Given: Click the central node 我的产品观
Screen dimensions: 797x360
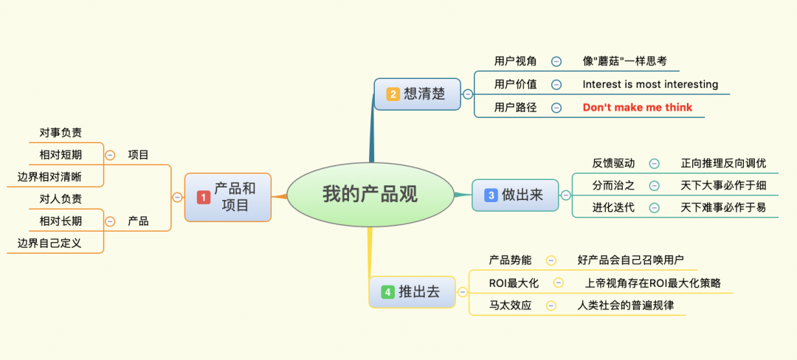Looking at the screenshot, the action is pyautogui.click(x=370, y=195).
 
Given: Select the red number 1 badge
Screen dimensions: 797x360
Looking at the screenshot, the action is pyautogui.click(x=204, y=198).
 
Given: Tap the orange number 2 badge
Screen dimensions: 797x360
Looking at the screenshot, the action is pyautogui.click(x=393, y=94).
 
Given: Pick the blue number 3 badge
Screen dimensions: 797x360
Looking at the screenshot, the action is pyautogui.click(x=491, y=195).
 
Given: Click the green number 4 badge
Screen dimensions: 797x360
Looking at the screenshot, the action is pyautogui.click(x=388, y=292).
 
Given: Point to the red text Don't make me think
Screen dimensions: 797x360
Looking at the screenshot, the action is pyautogui.click(x=638, y=108).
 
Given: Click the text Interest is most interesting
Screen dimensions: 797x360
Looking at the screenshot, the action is pyautogui.click(x=650, y=84).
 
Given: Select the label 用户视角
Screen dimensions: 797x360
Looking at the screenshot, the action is pyautogui.click(x=515, y=61).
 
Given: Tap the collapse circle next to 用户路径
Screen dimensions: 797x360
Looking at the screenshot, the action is pyautogui.click(x=556, y=108).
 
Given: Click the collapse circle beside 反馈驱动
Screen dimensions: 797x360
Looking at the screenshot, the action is pyautogui.click(x=655, y=164).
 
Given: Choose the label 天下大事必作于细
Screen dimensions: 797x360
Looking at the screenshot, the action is pyautogui.click(x=723, y=185).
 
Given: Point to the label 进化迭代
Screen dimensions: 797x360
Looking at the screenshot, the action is pyautogui.click(x=613, y=208).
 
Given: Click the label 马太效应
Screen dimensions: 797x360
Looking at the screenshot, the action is pyautogui.click(x=511, y=305).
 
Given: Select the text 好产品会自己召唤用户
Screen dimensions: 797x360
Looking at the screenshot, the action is pyautogui.click(x=631, y=260).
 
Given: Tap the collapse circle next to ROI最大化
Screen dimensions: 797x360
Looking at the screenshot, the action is pyautogui.click(x=559, y=283).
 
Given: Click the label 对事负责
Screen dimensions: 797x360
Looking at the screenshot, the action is pyautogui.click(x=61, y=133).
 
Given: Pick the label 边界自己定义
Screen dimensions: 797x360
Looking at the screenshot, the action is pyautogui.click(x=49, y=243).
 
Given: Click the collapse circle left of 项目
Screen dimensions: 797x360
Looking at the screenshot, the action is pyautogui.click(x=110, y=155).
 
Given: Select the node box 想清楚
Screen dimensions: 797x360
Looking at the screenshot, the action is pyautogui.click(x=417, y=94).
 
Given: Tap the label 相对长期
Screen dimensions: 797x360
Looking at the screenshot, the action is pyautogui.click(x=61, y=221).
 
